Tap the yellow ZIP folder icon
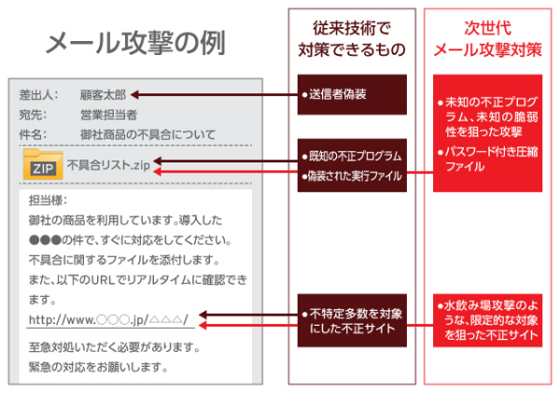coord(41,166)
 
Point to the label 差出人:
coord(39,94)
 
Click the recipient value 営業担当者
coord(108,115)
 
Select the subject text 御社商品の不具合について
coord(147,134)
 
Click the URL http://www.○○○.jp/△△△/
coord(108,319)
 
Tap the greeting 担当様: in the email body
coord(49,201)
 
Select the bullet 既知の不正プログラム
coord(352,155)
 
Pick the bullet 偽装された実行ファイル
coord(352,175)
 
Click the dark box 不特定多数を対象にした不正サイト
coord(353,320)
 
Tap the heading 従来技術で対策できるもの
coord(353,40)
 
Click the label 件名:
coord(39,134)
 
